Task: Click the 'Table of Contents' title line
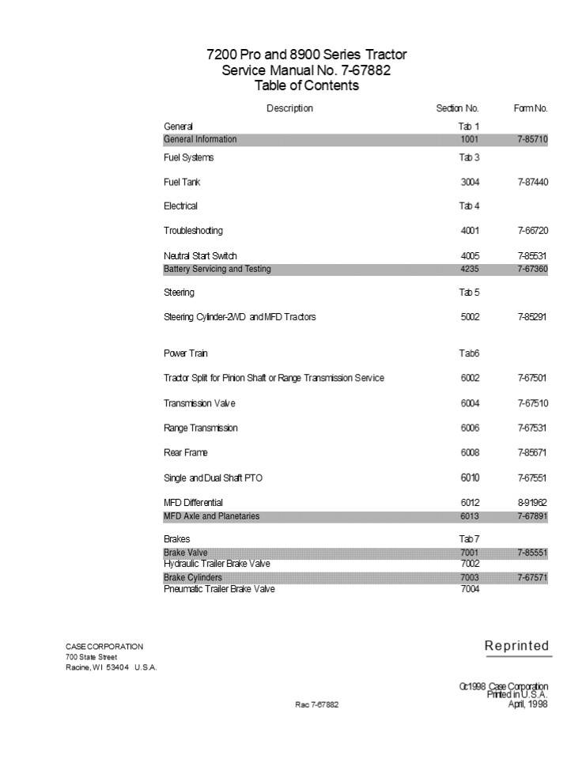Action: (306, 85)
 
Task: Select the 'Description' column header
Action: (289, 108)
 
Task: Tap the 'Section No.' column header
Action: (457, 108)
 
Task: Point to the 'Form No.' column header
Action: (531, 108)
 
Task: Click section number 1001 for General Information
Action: (470, 140)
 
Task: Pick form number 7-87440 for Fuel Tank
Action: (533, 183)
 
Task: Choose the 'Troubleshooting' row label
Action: (193, 231)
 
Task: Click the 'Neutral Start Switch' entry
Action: (200, 256)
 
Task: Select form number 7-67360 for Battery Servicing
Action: (533, 270)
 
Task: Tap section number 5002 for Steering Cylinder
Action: (470, 317)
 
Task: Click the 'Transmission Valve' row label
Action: (199, 403)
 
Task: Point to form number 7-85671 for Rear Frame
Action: (533, 453)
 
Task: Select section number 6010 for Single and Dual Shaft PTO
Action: (470, 478)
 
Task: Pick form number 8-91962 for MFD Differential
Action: (533, 503)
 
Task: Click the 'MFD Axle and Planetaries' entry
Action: (211, 516)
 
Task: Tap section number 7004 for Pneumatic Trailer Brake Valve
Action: (470, 589)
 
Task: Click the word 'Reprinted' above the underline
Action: (516, 646)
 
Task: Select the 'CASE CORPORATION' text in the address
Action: (104, 647)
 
